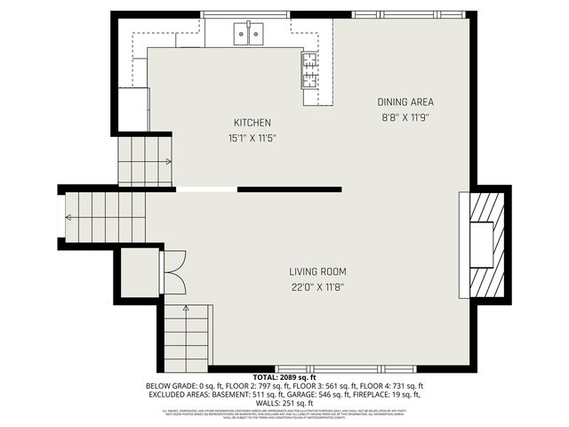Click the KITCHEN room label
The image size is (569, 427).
click(252, 123)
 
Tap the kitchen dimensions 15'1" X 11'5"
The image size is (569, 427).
click(252, 138)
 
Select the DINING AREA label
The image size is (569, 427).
click(405, 101)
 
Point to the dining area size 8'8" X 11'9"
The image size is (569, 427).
click(405, 116)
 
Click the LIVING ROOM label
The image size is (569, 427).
click(317, 271)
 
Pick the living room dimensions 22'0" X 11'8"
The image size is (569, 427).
click(317, 286)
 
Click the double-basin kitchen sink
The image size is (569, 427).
click(249, 35)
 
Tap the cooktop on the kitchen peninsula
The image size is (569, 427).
click(310, 69)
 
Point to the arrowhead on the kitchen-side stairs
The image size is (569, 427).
click(168, 162)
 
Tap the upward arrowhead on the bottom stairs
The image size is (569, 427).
click(187, 308)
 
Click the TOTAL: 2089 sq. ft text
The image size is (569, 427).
click(284, 377)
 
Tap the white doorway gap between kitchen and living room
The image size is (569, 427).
click(206, 189)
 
